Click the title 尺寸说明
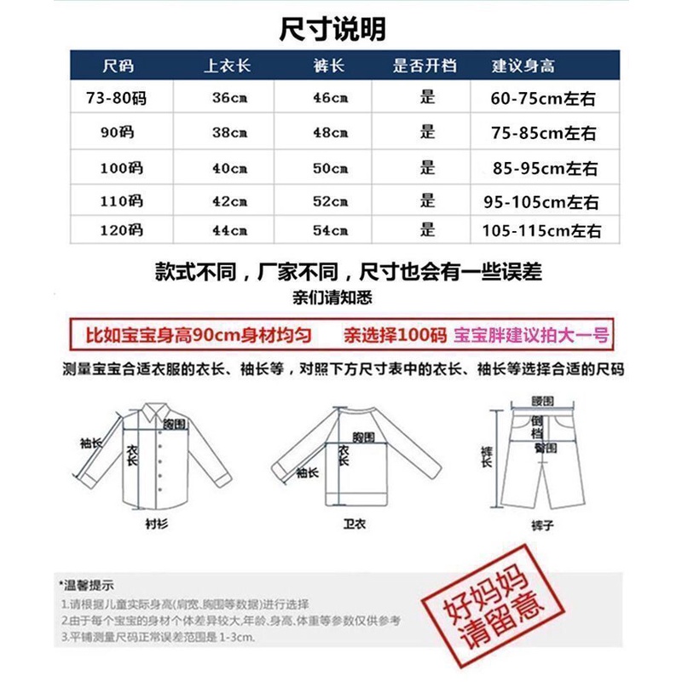tap(333, 29)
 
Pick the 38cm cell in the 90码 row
tap(228, 132)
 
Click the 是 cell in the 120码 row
tap(427, 230)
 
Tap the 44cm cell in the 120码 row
tap(228, 230)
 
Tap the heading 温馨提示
tap(89, 585)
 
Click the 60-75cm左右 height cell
tap(543, 99)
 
